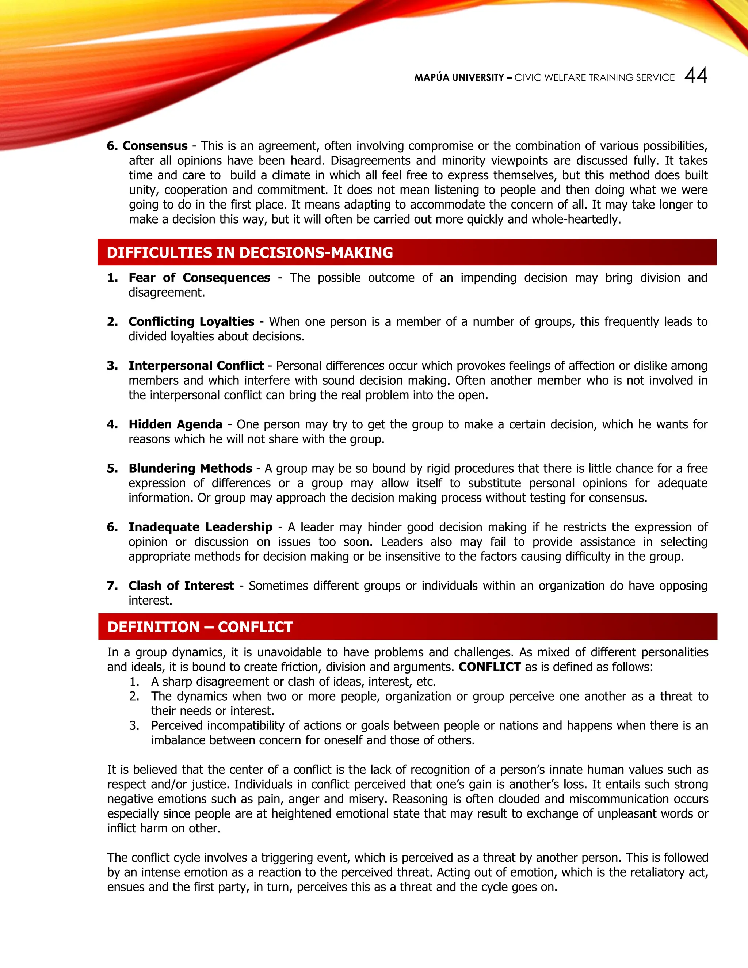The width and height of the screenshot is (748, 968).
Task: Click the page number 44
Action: (x=696, y=75)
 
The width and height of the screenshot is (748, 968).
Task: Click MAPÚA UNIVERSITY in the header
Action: (x=459, y=77)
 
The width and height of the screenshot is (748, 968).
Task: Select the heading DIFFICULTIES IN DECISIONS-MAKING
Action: (x=249, y=253)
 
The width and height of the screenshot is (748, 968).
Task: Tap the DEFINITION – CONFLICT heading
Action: (x=200, y=627)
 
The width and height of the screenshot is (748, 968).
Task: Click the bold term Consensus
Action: (x=155, y=146)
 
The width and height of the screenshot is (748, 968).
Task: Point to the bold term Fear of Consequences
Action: (x=199, y=278)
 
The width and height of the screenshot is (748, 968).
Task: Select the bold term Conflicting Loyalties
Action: (x=191, y=321)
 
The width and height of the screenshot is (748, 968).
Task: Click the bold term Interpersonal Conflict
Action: (x=196, y=366)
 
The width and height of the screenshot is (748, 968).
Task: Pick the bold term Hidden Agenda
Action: (x=175, y=424)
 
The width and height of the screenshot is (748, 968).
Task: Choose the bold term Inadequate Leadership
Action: (x=200, y=527)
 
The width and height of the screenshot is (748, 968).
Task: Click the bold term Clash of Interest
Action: (x=181, y=586)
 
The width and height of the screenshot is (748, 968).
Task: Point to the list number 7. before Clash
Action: (x=112, y=586)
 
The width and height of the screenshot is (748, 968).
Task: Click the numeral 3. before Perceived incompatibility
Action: (x=134, y=725)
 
